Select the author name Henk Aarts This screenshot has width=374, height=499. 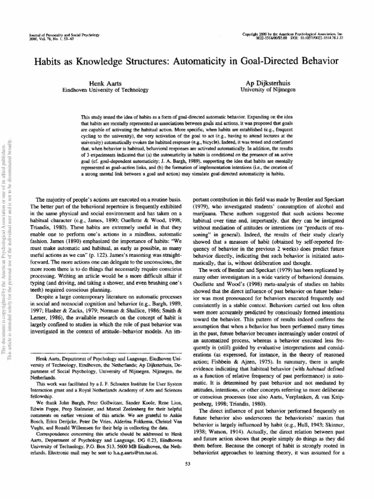102,83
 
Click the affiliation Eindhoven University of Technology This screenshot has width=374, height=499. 102,90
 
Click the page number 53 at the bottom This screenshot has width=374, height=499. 187,477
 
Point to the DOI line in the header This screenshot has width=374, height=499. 321,37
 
